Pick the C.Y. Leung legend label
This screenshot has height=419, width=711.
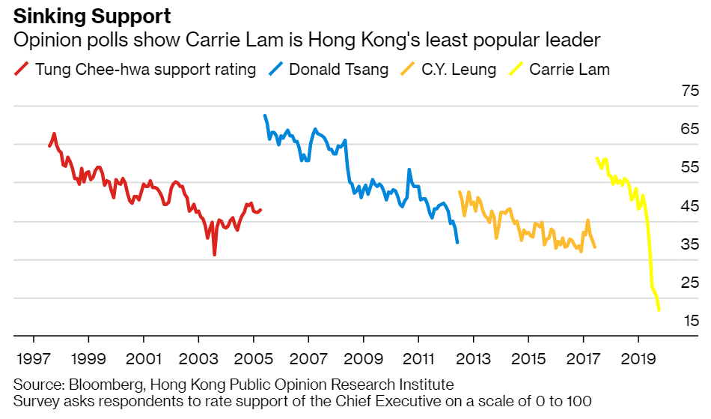coord(459,70)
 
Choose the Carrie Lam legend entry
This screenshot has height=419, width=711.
coord(569,70)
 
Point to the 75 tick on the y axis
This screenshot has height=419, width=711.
coord(689,91)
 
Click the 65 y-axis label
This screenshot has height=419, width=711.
coord(689,130)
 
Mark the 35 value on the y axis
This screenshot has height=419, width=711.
coord(689,244)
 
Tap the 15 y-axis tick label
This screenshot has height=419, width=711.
coord(689,321)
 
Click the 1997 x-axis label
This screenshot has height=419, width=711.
coord(31,358)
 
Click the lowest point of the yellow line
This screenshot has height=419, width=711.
coord(659,310)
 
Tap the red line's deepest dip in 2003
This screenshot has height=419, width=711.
coord(215,255)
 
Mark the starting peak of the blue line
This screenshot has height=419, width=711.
coord(265,116)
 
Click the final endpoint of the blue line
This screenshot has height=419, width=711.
coord(457,241)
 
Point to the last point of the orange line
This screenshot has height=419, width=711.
coord(595,247)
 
